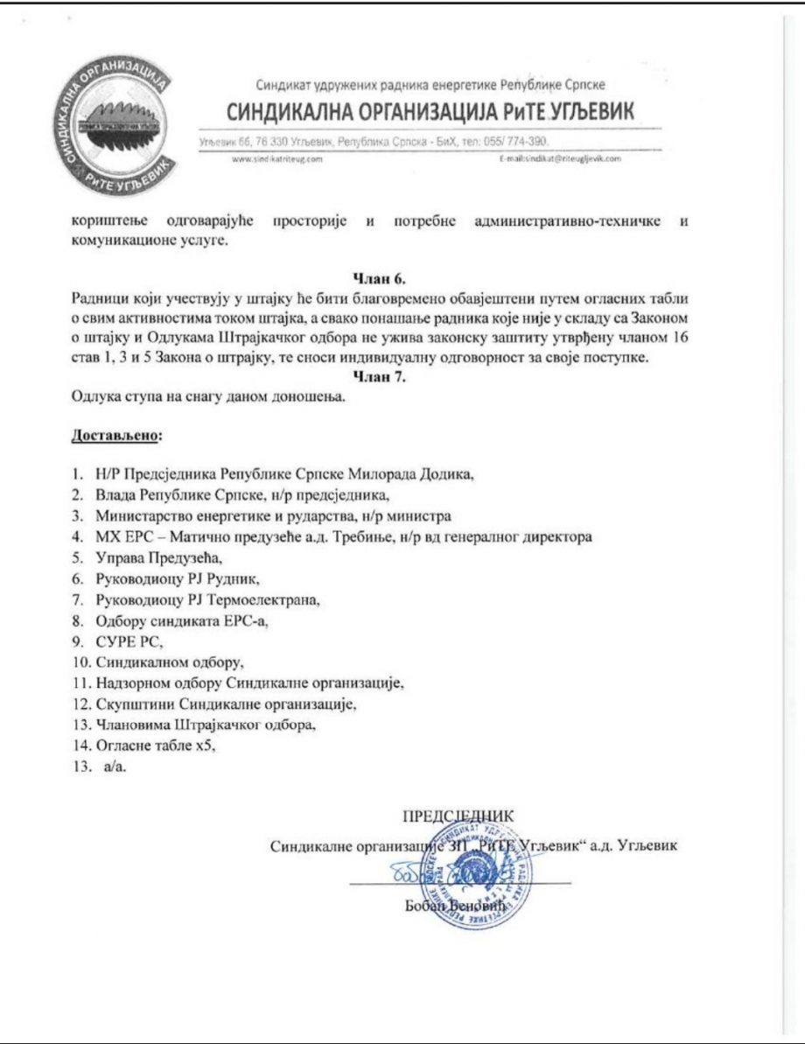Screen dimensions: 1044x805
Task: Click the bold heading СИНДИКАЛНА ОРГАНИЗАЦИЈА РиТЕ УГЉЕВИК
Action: pyautogui.click(x=430, y=114)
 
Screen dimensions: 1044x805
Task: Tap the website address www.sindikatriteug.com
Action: pyautogui.click(x=274, y=158)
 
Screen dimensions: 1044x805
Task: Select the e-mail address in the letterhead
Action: pyautogui.click(x=557, y=158)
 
